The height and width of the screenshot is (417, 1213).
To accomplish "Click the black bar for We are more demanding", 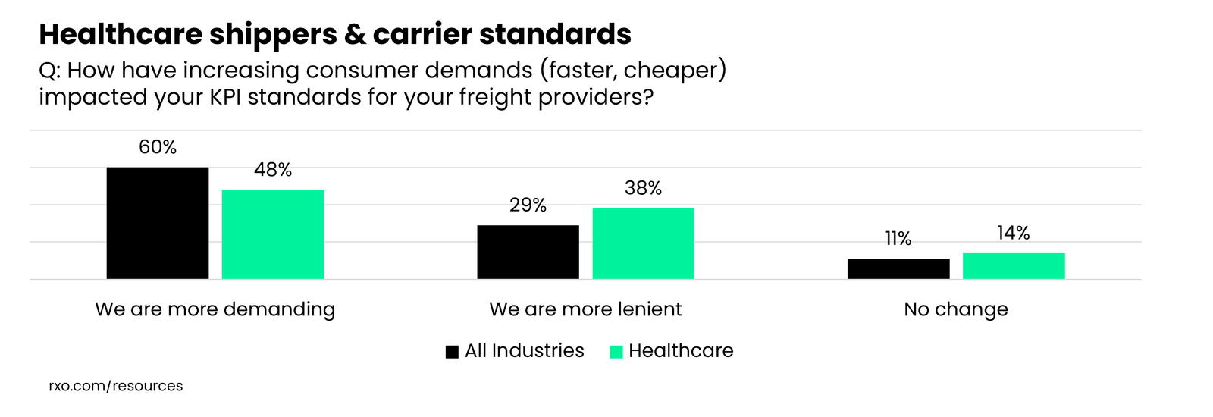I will click(158, 223).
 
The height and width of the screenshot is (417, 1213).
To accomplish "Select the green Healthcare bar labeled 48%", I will click(273, 234).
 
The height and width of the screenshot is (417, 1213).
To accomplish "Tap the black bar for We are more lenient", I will click(528, 252).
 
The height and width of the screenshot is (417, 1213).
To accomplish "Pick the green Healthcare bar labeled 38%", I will click(643, 243).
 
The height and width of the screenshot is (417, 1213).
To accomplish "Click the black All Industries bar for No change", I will click(898, 268).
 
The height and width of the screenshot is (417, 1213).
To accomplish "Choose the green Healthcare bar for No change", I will click(1014, 266).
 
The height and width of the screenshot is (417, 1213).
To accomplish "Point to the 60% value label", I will click(158, 147).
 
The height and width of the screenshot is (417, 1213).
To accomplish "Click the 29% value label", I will click(528, 205).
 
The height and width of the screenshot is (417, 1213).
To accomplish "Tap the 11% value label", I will click(898, 239).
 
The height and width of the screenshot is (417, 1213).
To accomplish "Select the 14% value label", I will click(1014, 233).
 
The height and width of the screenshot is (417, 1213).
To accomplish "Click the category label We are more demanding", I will click(215, 309).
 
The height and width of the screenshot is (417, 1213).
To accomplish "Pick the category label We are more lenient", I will click(585, 309).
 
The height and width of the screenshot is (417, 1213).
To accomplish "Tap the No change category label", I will click(956, 309).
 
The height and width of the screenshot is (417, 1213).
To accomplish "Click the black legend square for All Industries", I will click(452, 352).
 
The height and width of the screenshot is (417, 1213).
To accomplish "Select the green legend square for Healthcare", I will click(616, 352).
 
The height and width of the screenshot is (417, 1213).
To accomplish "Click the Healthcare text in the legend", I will click(681, 350).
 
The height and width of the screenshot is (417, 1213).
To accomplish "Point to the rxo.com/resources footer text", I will click(115, 386).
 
